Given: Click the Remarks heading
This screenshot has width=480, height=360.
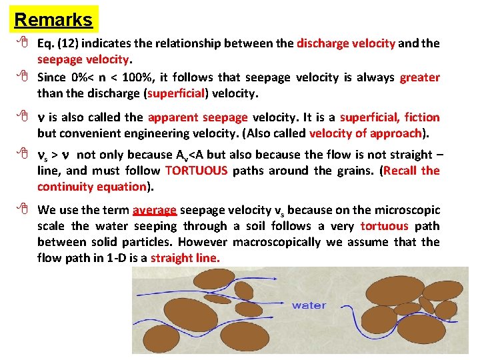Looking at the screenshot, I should coord(53,19).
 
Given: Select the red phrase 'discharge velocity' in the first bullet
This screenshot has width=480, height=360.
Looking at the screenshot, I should coord(346,44).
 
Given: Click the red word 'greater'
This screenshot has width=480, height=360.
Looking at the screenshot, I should coord(419,78).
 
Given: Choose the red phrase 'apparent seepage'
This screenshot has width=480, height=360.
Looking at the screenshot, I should coord(197,118).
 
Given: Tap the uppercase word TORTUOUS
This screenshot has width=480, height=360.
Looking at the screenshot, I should coord(196,171).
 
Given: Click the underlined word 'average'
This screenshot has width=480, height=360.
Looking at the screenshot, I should coord(155,211).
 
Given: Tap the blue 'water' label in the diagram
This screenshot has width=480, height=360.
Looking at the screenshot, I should coord(309,305).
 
